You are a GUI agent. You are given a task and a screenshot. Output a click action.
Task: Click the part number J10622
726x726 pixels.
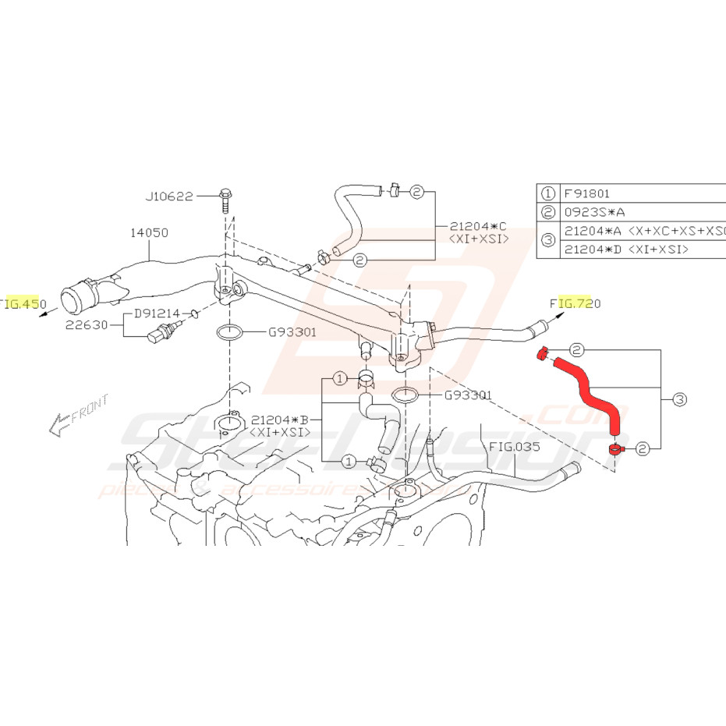(x=168, y=197)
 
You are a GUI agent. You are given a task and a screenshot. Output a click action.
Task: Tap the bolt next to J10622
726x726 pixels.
(x=225, y=200)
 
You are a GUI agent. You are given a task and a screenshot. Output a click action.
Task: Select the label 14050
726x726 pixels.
(x=149, y=232)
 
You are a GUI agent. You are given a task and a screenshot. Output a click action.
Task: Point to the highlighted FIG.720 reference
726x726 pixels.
(x=575, y=303)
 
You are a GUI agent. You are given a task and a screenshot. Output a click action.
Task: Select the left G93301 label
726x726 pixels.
(x=292, y=332)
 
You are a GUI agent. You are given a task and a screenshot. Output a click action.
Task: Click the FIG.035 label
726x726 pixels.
(x=515, y=447)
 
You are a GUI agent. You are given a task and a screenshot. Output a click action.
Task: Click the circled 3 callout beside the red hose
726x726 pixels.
(x=679, y=399)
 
